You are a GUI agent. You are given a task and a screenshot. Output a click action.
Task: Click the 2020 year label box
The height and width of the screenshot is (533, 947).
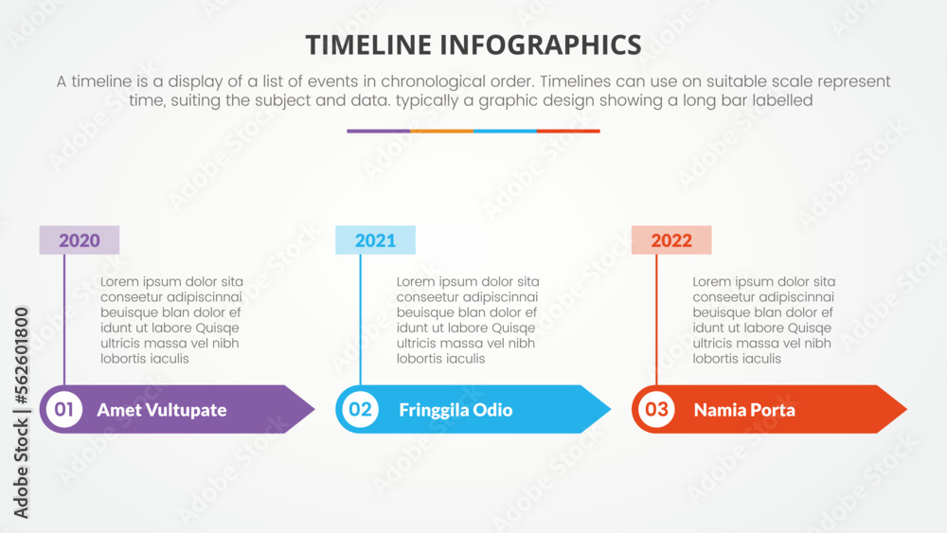click(80, 240)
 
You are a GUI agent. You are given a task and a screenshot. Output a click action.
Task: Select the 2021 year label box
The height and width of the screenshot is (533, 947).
click(375, 240)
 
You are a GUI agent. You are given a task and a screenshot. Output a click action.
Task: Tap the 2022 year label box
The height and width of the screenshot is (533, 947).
click(671, 240)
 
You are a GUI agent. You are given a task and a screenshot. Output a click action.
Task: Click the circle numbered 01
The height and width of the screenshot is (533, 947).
click(63, 410)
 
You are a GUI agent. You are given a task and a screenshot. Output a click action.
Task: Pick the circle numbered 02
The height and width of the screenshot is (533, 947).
click(360, 410)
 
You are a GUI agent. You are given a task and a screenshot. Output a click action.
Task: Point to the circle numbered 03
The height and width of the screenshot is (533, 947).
click(656, 410)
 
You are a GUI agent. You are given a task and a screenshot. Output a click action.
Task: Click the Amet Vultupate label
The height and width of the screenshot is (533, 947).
click(162, 410)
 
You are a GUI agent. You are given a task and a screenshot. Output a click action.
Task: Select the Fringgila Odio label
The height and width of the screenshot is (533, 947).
click(456, 410)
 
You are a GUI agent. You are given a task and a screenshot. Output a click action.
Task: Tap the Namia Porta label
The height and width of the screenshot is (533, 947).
click(744, 410)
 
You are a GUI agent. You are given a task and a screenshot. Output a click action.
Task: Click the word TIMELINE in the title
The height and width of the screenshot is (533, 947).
click(369, 44)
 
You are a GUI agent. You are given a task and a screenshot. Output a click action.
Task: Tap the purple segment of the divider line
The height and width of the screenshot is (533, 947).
click(378, 131)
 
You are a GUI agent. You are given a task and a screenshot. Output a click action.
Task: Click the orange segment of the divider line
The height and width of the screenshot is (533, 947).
click(441, 131)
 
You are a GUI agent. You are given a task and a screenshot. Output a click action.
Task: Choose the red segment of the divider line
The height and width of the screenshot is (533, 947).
click(568, 131)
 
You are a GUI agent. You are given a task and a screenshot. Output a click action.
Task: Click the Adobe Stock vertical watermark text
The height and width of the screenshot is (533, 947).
click(22, 412)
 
